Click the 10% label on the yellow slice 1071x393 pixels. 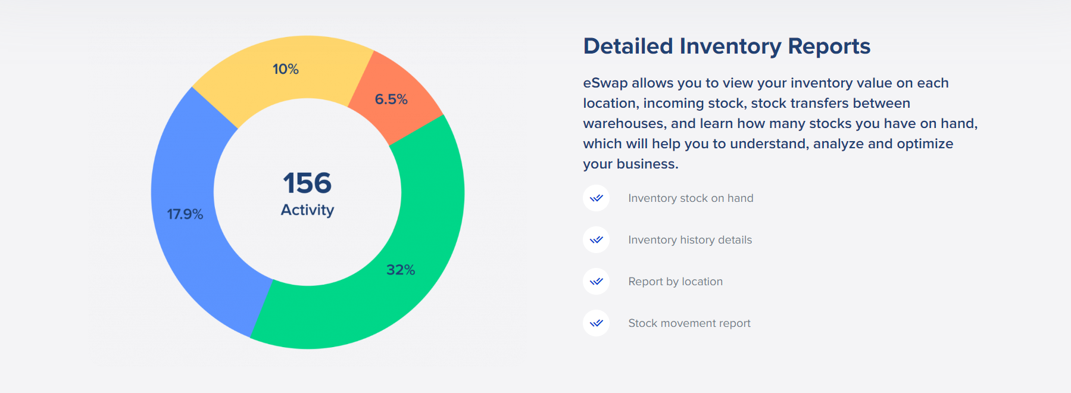click(286, 69)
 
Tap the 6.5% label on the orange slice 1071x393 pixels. click(391, 99)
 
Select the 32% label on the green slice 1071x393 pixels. click(401, 270)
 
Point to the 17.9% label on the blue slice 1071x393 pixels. click(185, 214)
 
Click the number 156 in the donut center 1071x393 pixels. click(307, 183)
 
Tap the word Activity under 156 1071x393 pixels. click(307, 210)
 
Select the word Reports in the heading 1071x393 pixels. click(829, 46)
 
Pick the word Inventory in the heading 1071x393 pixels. click(730, 46)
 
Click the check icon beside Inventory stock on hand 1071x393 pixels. click(596, 198)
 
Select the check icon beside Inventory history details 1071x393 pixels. click(596, 240)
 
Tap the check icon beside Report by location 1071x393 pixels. click(596, 282)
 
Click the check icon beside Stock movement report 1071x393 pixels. click(596, 323)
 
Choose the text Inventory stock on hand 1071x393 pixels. click(691, 198)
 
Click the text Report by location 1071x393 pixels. click(676, 282)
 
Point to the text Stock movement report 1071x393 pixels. click(689, 323)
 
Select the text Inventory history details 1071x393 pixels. click(690, 240)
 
